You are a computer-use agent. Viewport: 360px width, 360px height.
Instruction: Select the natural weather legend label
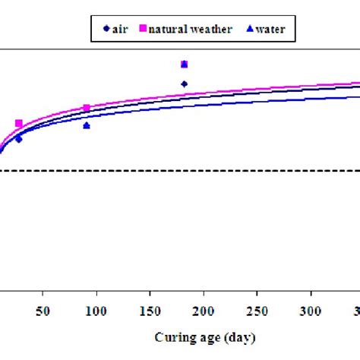(185, 29)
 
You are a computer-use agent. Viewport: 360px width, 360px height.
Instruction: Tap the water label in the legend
(270, 29)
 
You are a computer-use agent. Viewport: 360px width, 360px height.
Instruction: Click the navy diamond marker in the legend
(105, 29)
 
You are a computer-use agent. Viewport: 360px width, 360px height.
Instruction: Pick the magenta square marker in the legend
(141, 29)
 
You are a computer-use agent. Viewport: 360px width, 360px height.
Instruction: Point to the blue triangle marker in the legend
(250, 29)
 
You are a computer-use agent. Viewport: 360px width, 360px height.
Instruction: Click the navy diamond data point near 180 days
(184, 84)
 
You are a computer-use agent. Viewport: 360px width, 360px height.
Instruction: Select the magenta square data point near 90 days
(87, 109)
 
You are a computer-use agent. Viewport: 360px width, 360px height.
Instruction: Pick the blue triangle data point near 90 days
(87, 125)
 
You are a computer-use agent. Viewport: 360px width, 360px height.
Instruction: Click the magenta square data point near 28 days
(19, 124)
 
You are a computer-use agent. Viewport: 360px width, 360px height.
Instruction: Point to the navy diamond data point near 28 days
(19, 139)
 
